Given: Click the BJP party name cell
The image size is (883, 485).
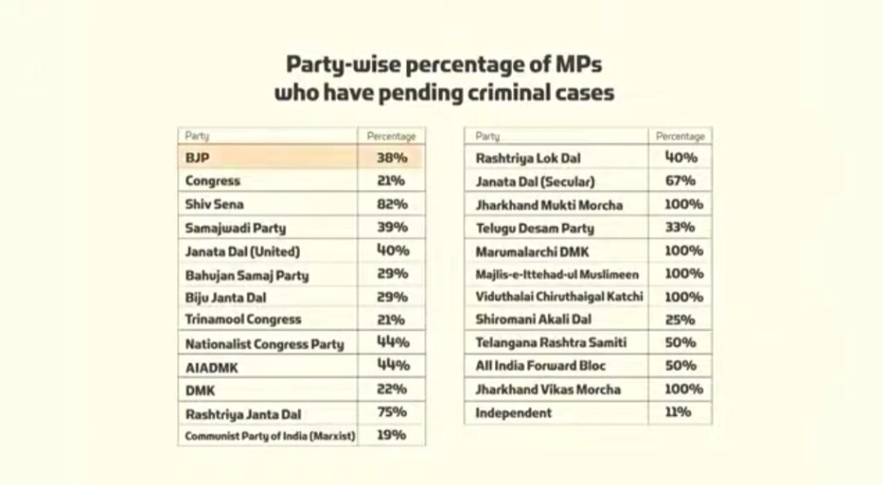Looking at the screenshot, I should pos(198,159).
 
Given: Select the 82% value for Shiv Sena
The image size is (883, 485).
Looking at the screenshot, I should pos(391,204).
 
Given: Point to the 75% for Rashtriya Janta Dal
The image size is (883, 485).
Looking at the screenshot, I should pos(391,412).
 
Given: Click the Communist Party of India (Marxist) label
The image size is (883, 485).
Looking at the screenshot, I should pos(270,436).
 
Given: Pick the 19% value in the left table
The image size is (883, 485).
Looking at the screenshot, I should pos(391,435).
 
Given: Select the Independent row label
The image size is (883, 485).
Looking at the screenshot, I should pos(514,413).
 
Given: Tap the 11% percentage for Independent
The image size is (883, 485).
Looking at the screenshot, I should pos(679,413).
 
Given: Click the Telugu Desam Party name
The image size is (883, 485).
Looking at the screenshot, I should pos(535,229).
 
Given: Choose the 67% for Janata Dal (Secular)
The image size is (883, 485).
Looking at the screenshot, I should pos(679,181).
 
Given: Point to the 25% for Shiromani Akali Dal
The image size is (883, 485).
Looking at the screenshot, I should pos(679,320).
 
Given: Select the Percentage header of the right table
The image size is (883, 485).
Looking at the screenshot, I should pos(679,136).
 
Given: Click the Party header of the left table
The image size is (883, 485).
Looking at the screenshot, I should pos(197,136).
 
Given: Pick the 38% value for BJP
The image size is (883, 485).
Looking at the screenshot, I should pos(391,159).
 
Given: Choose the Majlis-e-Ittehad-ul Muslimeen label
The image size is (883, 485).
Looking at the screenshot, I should pos(557,274).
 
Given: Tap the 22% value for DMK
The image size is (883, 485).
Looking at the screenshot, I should pos(391,389).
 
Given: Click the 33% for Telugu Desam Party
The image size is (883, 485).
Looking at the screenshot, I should pos(679,228).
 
